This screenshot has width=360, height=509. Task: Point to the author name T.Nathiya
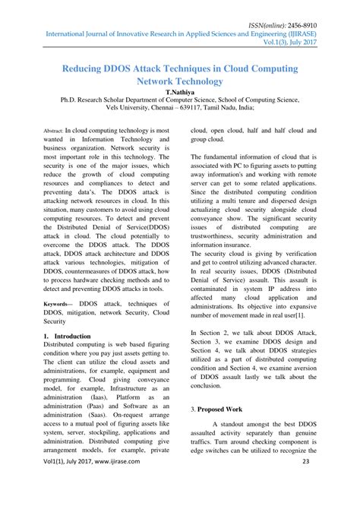(179, 91)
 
